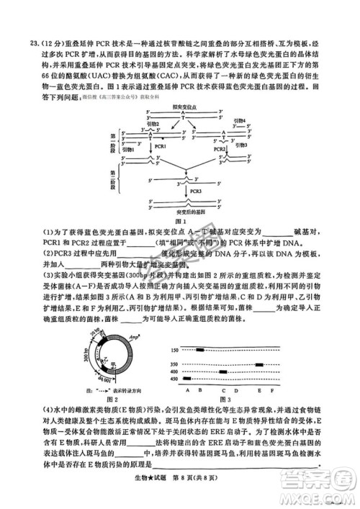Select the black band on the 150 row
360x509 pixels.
(x=199, y=350)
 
